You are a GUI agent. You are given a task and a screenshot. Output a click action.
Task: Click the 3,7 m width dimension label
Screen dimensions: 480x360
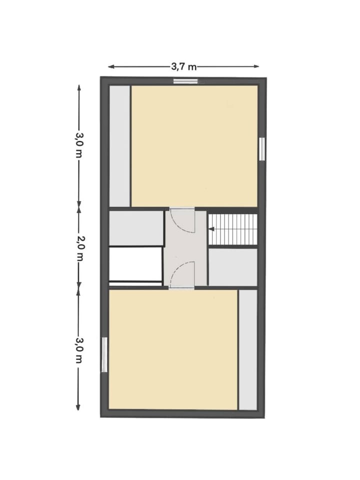click(183, 66)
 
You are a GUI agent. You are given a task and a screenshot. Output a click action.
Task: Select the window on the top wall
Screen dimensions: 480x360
click(185, 81)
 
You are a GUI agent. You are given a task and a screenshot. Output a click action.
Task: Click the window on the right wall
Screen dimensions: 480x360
click(261, 148)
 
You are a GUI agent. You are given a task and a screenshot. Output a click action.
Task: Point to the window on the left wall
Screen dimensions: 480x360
click(104, 355)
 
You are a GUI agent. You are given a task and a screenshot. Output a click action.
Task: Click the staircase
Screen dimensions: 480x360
click(232, 229)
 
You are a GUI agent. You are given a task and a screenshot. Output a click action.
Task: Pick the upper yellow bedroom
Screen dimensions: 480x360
click(194, 146)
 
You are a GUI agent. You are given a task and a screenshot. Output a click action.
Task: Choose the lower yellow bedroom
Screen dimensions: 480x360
click(173, 350)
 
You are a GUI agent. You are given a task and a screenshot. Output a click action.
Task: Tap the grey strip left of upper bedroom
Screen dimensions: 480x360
click(119, 146)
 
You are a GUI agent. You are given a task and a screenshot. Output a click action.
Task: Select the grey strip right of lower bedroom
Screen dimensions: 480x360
click(247, 350)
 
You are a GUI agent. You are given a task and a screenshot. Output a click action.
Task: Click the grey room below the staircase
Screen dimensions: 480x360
click(232, 267)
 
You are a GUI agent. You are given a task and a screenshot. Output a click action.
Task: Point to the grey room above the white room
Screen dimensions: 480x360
click(136, 228)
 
